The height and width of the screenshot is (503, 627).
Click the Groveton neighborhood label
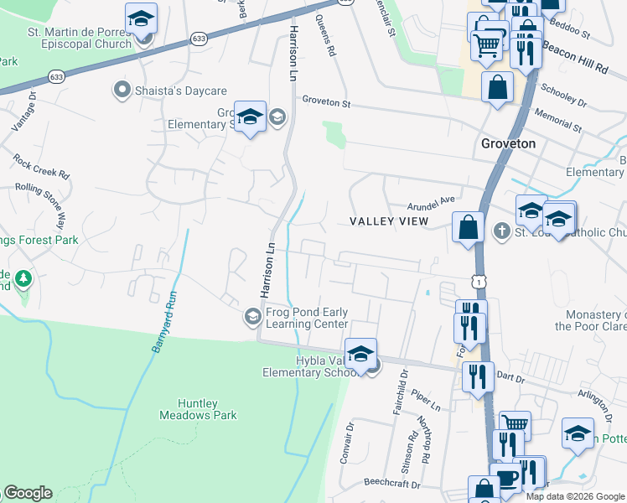(x=508, y=143)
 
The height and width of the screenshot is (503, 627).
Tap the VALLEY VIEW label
(x=388, y=221)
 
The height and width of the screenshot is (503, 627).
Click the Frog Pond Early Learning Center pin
(x=252, y=316)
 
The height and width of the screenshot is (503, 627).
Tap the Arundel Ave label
(x=430, y=201)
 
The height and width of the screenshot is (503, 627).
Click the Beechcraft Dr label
(x=391, y=483)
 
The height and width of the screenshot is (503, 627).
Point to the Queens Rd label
(x=326, y=39)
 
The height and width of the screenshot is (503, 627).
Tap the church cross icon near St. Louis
(x=501, y=230)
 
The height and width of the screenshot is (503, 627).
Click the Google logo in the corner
(x=28, y=493)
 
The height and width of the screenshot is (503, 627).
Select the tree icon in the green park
(x=23, y=277)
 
